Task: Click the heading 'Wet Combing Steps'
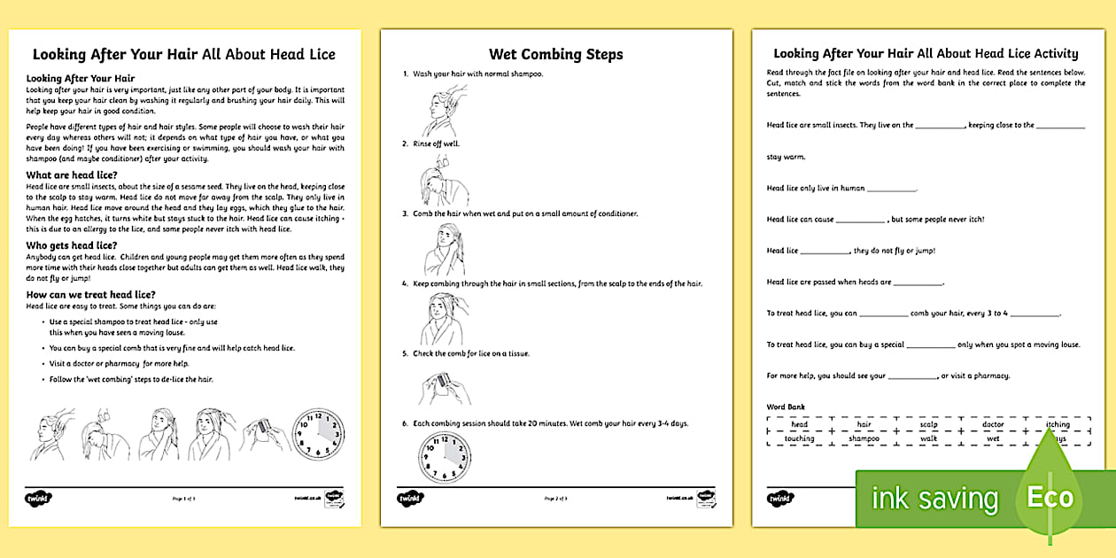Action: pyautogui.click(x=555, y=54)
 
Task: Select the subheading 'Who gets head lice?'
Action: pyautogui.click(x=72, y=244)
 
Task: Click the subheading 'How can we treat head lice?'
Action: pyautogui.click(x=91, y=294)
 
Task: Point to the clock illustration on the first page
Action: pyautogui.click(x=318, y=434)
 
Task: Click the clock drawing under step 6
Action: pyautogui.click(x=445, y=459)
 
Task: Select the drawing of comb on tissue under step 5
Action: pyautogui.click(x=444, y=386)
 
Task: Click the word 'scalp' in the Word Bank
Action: pyautogui.click(x=927, y=424)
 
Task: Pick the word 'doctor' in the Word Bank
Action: pyautogui.click(x=993, y=424)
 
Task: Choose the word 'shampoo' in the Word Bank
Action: pyautogui.click(x=863, y=438)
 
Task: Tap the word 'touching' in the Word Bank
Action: pyautogui.click(x=799, y=438)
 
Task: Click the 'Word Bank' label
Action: pyautogui.click(x=786, y=407)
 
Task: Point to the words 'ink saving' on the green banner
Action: pyautogui.click(x=934, y=499)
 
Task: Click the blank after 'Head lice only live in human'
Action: pyautogui.click(x=892, y=189)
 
